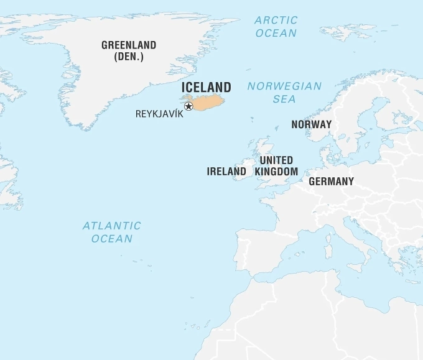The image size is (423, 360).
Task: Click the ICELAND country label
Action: [206, 87]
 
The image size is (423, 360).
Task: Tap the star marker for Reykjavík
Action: [188, 106]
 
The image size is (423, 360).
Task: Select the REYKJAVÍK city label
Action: [159, 114]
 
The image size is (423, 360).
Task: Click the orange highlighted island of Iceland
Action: [209, 102]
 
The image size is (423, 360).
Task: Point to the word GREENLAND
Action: [129, 45]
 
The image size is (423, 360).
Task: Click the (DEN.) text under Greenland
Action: [129, 57]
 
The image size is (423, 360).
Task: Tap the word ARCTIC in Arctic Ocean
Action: [276, 21]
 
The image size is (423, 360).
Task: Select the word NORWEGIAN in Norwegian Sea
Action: [284, 86]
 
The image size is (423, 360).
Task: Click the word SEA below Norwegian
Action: [284, 99]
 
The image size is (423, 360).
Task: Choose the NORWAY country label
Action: [311, 124]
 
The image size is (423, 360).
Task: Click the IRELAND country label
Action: [226, 171]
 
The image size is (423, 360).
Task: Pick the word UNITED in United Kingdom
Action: [276, 160]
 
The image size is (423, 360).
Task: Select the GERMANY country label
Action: [331, 182]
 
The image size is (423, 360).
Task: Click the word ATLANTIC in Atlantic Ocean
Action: [112, 226]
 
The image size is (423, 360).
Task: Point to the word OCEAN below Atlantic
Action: [112, 238]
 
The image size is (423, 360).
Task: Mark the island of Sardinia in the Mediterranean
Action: [328, 252]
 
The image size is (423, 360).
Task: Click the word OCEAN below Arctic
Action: [276, 33]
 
